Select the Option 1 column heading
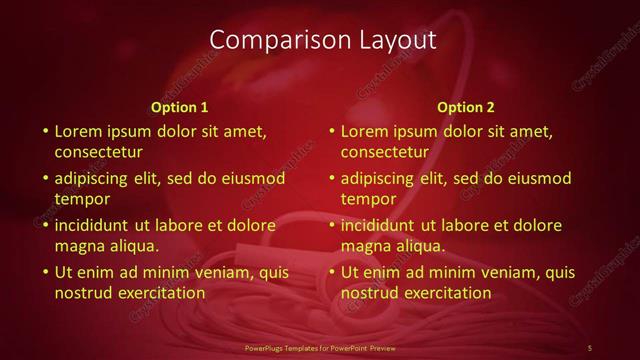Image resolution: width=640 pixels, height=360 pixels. tap(179, 107)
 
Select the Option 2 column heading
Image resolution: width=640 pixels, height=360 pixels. tap(465, 107)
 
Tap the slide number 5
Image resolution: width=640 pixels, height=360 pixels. tap(590, 347)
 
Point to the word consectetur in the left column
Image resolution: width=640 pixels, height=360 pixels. tap(98, 153)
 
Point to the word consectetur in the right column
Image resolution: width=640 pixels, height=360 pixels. tap(384, 153)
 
